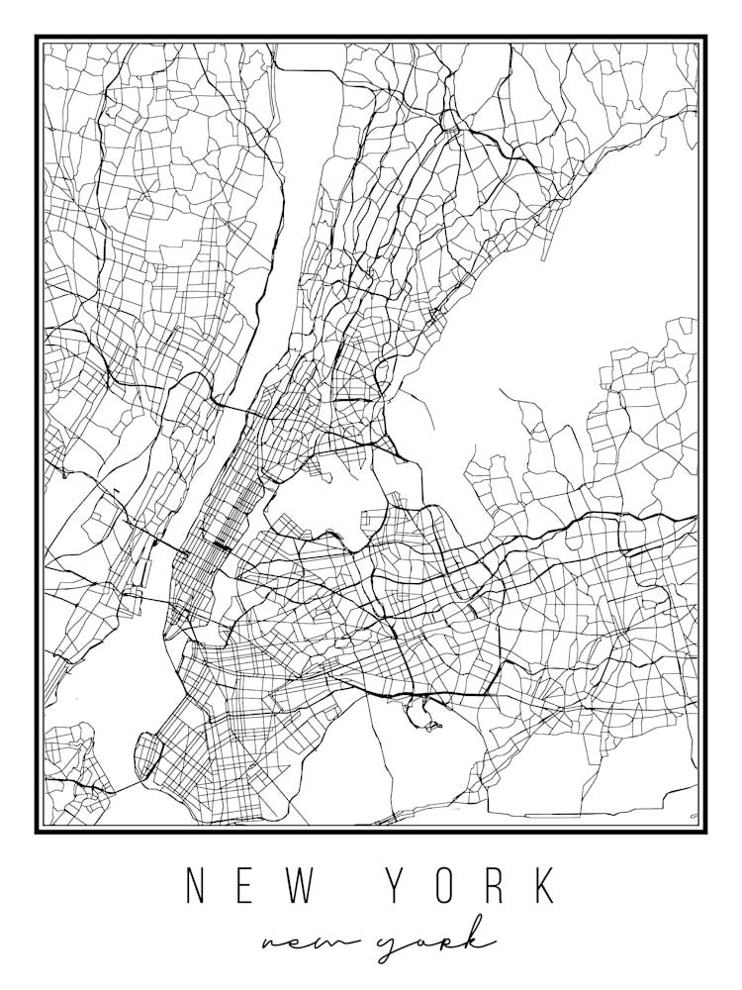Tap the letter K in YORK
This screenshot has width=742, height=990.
(544, 886)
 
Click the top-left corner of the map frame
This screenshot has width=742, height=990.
(37, 38)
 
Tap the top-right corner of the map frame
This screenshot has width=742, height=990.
(705, 38)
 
